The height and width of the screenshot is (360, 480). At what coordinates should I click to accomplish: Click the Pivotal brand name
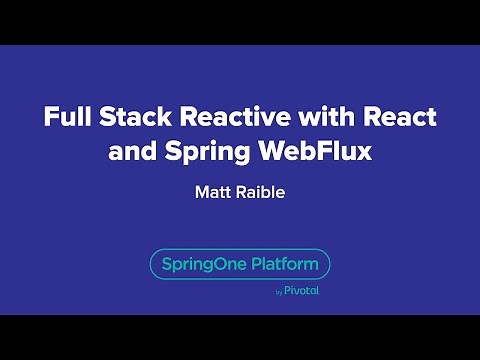pos(301,292)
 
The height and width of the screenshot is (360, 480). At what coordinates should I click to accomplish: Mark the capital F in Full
pos(49,117)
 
